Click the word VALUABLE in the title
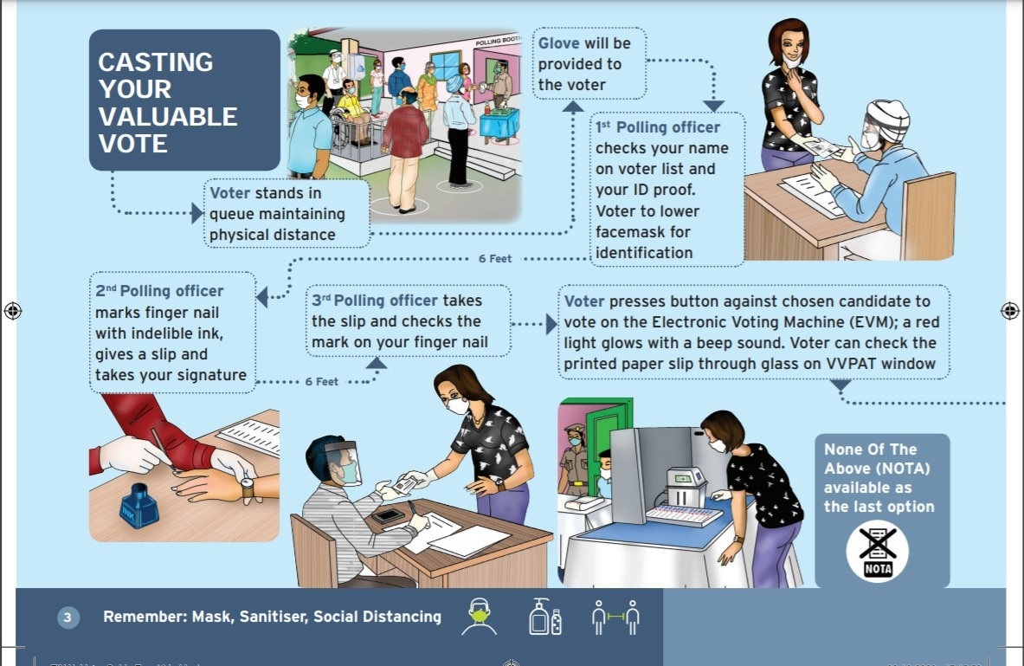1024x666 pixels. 168,116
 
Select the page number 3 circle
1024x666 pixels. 68,618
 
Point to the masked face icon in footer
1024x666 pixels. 479,616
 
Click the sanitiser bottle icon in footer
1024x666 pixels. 544,616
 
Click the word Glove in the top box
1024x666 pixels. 559,43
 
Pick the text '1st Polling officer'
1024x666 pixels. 658,127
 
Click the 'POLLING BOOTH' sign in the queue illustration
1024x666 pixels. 499,41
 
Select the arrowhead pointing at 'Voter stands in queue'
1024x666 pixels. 197,212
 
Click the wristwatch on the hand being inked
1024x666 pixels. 248,489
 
